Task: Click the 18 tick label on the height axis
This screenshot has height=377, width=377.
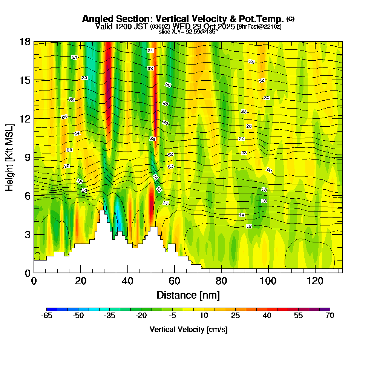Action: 25,42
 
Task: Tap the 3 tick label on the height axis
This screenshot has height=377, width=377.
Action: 28,234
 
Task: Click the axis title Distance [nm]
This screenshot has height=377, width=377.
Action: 188,295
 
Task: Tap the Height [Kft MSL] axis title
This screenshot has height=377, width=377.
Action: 10,157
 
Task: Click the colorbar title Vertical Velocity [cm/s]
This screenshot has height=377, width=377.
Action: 188,329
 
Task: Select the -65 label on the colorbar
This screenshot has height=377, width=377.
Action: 46,316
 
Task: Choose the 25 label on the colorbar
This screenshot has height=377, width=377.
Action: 235,316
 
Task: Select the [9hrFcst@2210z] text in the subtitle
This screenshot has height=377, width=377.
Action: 259,26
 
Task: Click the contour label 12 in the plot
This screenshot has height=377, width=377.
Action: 249,226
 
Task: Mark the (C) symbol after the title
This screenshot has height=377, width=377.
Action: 290,18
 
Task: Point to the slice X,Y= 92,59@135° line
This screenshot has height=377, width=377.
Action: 188,32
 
